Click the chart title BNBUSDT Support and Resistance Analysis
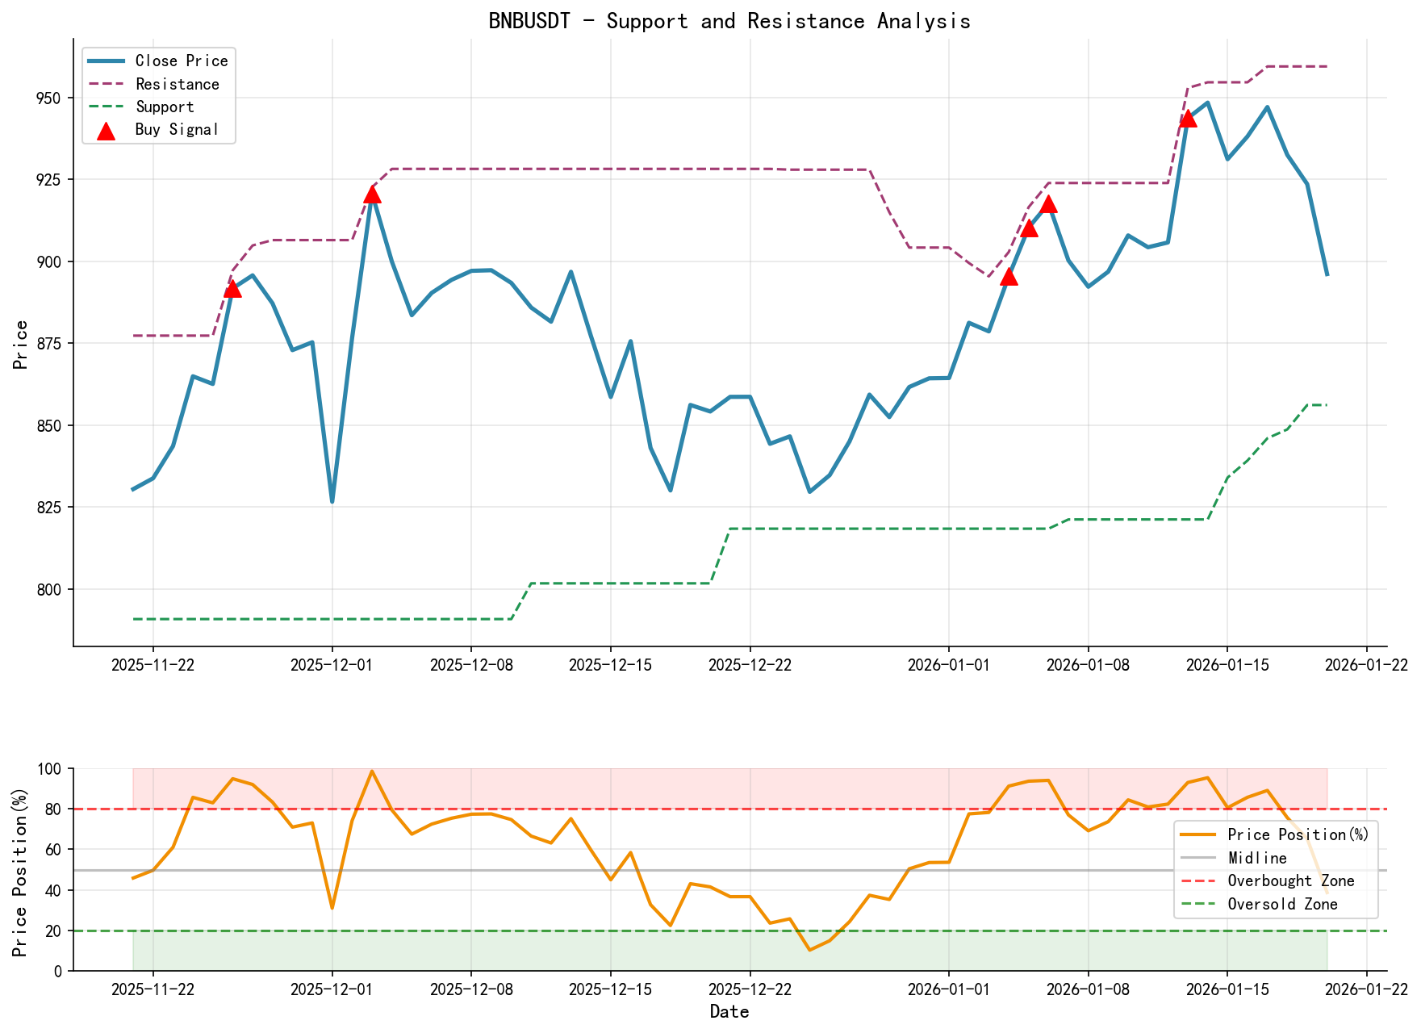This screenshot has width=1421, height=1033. [729, 21]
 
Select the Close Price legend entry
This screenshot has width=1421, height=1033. [181, 61]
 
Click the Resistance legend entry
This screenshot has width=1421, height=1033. [177, 84]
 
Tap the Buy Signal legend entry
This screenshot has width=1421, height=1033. [177, 130]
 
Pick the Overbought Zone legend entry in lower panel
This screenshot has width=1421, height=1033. [1290, 881]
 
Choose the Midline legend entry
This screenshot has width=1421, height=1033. [1256, 858]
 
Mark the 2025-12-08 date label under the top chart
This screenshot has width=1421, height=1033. [470, 665]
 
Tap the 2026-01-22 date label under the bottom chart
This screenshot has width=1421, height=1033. [1366, 989]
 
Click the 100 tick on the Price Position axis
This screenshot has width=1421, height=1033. [50, 769]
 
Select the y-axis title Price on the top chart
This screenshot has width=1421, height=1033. [22, 345]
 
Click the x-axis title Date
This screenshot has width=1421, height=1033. [729, 1012]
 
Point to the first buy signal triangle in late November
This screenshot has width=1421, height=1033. [232, 289]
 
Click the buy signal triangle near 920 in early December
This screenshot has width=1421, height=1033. [372, 194]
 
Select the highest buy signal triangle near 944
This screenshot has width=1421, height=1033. [1188, 119]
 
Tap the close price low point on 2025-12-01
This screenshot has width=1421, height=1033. [332, 502]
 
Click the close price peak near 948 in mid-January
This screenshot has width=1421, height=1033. [1207, 102]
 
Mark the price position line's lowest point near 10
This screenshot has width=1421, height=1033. [809, 950]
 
